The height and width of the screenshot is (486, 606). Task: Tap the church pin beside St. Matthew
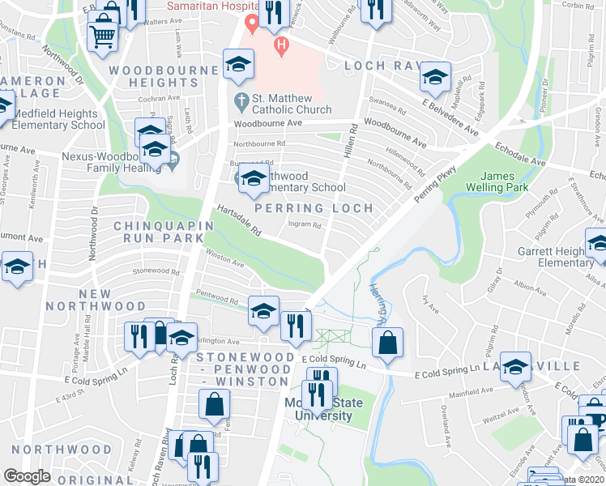coord(241,102)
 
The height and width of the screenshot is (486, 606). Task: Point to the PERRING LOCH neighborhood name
coord(314,208)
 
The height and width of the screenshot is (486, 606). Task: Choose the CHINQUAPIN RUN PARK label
coord(158,232)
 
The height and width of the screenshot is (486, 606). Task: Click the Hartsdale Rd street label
coord(238,219)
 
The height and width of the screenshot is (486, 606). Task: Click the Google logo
coord(28,476)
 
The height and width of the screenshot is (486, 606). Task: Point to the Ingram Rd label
coord(307,226)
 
